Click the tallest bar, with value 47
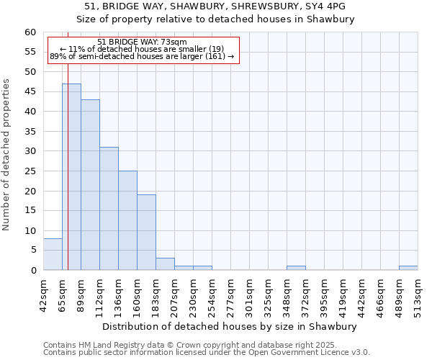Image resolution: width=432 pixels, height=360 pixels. point(71,176)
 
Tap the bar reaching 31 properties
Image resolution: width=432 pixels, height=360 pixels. point(109,208)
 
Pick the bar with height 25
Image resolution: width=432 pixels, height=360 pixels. point(127,220)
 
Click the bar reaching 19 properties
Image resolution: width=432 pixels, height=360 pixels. point(146,232)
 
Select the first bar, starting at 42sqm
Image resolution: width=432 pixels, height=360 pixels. point(53,254)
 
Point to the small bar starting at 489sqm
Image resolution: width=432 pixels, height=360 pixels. point(408,268)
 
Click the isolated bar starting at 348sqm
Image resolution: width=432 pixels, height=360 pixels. point(296,268)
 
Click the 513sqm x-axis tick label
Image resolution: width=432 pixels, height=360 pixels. point(418,293)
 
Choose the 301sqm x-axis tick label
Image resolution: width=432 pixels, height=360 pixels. point(249,293)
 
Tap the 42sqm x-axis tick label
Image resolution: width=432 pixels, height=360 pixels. point(43,293)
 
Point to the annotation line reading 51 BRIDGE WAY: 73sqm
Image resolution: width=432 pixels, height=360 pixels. point(142,42)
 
